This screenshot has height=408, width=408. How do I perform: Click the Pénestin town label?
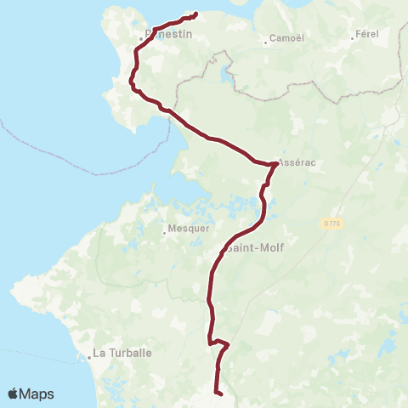click(x=169, y=35)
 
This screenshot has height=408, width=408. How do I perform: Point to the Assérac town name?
click(x=297, y=164)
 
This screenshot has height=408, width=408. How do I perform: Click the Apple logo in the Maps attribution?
click(x=14, y=394)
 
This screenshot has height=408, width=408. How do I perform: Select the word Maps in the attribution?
click(x=37, y=394)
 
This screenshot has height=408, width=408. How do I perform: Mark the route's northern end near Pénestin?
click(x=195, y=14)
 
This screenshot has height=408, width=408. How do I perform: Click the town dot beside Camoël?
click(x=265, y=40)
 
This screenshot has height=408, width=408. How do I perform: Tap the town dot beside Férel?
click(x=353, y=36)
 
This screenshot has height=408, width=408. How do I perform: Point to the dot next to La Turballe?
click(x=88, y=357)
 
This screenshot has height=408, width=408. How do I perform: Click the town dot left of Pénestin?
click(x=141, y=38)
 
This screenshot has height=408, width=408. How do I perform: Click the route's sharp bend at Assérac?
click(x=274, y=164)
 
